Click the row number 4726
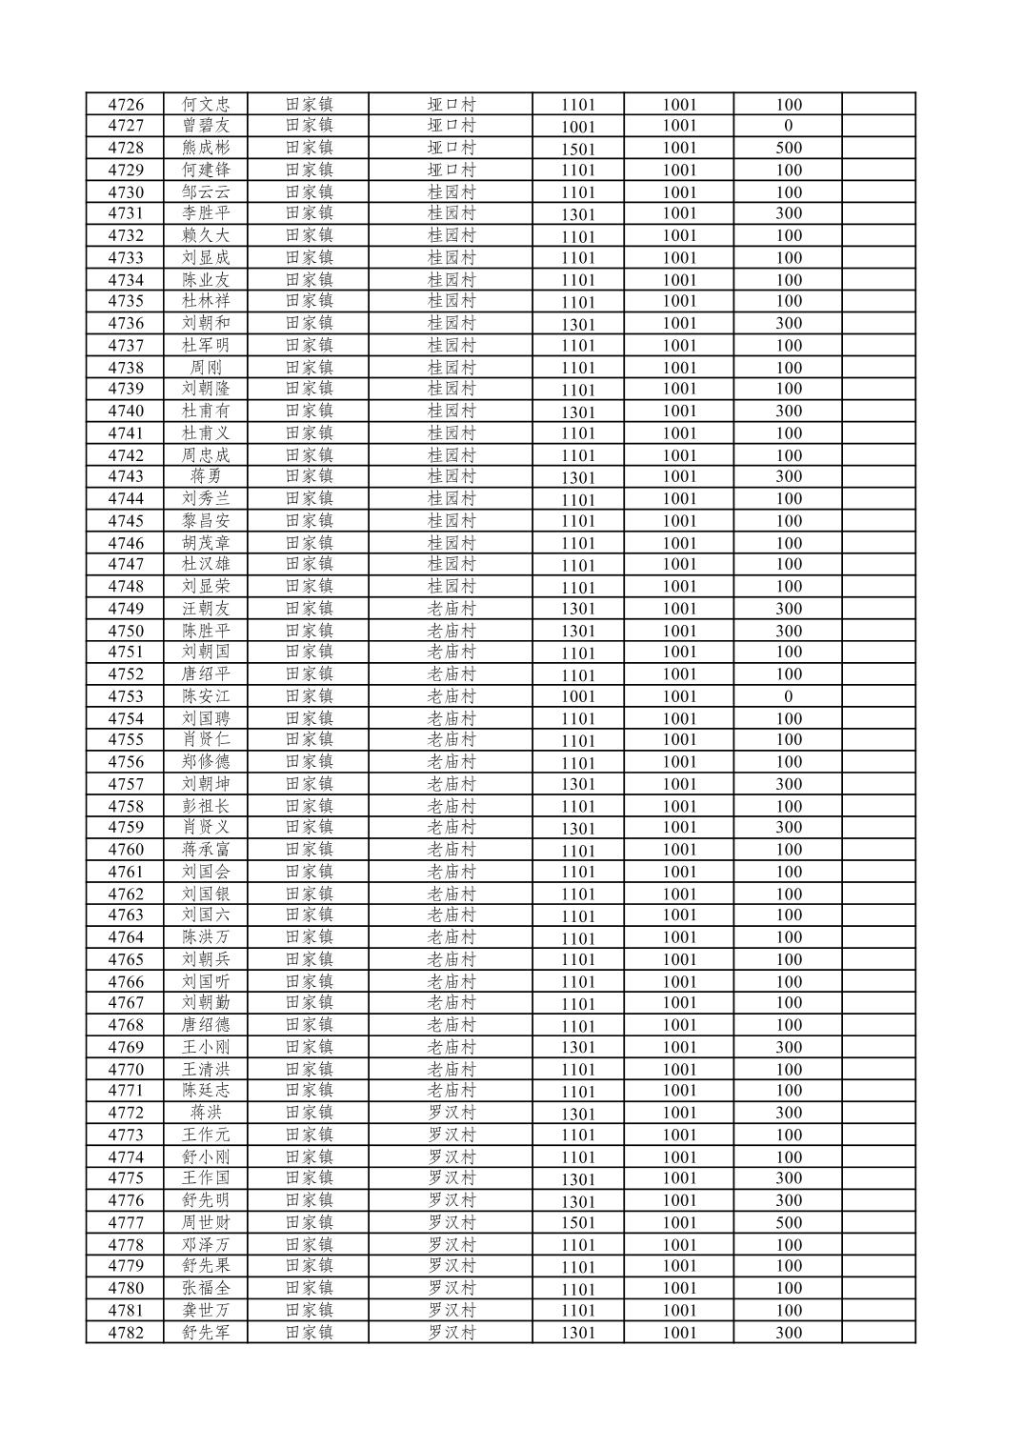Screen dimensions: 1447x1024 click(126, 105)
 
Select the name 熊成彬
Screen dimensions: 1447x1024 click(206, 148)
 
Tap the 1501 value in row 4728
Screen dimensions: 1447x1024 click(577, 149)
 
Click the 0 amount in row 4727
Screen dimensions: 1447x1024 click(788, 126)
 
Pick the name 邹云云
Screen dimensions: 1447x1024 click(206, 191)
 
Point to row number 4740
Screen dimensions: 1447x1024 click(126, 412)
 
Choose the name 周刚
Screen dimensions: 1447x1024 click(206, 368)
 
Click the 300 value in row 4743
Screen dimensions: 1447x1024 click(788, 476)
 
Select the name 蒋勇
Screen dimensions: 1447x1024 click(206, 476)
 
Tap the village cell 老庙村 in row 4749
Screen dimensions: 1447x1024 click(451, 609)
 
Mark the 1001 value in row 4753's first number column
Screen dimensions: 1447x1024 click(577, 696)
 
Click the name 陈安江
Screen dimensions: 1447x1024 click(206, 696)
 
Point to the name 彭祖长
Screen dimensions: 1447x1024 click(206, 806)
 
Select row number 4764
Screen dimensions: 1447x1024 click(126, 937)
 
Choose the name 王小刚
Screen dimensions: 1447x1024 click(206, 1047)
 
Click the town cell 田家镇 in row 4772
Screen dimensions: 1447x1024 click(309, 1113)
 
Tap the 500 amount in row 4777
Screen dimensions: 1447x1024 click(788, 1222)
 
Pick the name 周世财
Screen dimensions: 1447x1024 click(206, 1222)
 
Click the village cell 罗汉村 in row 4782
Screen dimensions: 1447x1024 click(451, 1332)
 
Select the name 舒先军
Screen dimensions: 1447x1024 click(206, 1332)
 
